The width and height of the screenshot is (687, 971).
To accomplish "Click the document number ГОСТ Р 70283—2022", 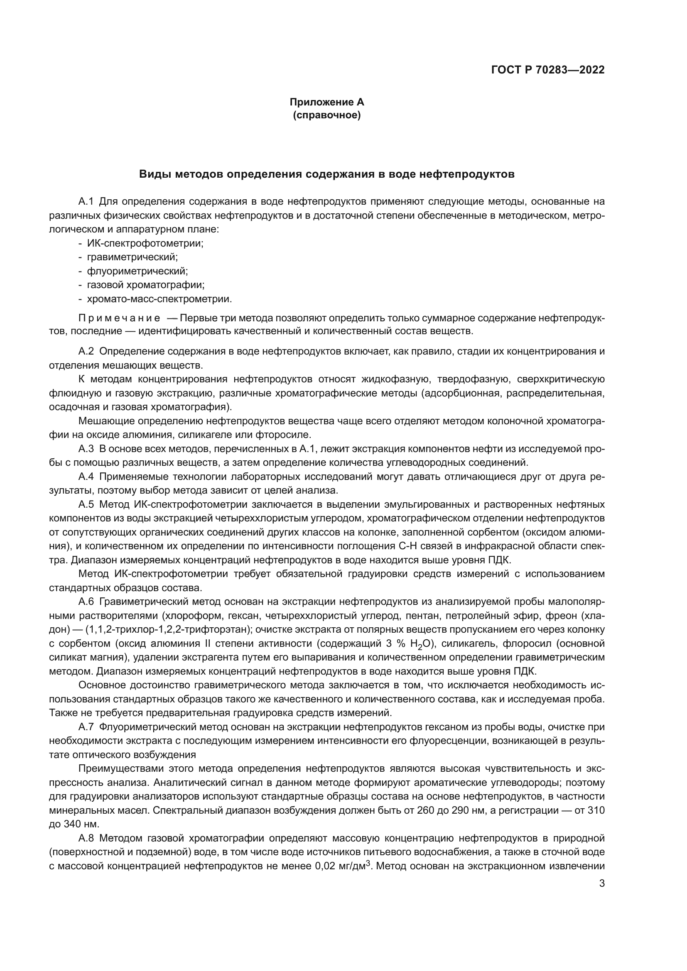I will [548, 70].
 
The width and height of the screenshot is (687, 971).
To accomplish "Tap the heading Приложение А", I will [326, 102].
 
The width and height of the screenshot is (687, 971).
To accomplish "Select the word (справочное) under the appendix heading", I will [326, 115].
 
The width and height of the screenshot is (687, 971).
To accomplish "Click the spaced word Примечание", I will [119, 318].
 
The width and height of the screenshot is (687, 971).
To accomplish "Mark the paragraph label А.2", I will [86, 351].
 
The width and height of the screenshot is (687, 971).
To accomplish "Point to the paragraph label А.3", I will [86, 449].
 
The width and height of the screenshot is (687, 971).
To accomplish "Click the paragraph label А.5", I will [86, 504].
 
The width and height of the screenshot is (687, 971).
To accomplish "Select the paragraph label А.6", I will [86, 602].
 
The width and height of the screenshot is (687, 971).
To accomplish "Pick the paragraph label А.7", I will [86, 727].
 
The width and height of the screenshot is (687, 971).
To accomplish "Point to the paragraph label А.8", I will [86, 838].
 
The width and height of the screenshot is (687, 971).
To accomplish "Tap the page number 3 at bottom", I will [602, 883].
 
